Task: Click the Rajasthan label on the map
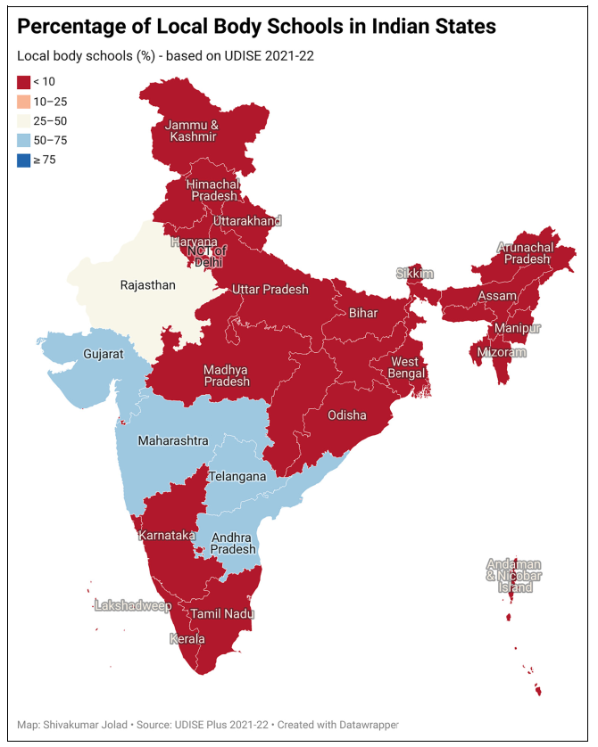click(x=148, y=286)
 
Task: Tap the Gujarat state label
click(x=104, y=354)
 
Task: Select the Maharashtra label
click(x=173, y=441)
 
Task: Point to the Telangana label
click(x=237, y=477)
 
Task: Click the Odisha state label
click(x=346, y=415)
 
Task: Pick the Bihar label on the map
click(x=363, y=313)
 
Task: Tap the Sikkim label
click(x=415, y=273)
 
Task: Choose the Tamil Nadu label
click(x=222, y=614)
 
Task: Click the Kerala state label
click(x=187, y=639)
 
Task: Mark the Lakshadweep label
click(x=133, y=606)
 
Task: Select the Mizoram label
click(x=501, y=352)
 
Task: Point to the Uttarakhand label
click(x=247, y=220)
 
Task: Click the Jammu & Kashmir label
click(x=193, y=130)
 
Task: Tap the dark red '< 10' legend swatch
click(x=23, y=82)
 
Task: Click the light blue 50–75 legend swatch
click(x=23, y=141)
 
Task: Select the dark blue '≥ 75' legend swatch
click(x=23, y=160)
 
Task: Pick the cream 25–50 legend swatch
click(x=23, y=121)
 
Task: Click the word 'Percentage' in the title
click(x=73, y=28)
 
